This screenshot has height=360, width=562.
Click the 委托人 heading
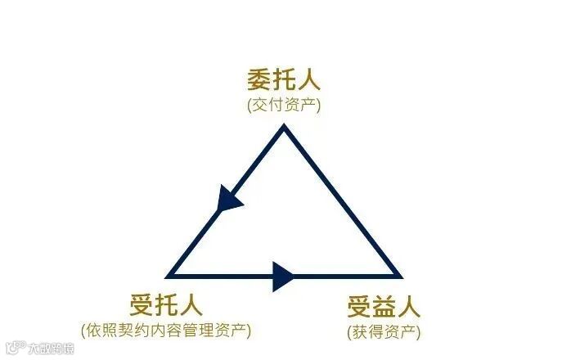(284, 81)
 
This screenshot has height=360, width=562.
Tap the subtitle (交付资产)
(284, 105)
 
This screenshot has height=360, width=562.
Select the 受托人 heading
(166, 305)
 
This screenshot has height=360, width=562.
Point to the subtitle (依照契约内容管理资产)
(166, 330)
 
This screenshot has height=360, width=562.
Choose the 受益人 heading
(384, 308)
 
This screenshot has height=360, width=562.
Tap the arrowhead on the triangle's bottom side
(284, 276)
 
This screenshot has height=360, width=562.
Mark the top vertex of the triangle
(284, 126)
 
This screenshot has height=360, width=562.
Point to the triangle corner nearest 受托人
(169, 276)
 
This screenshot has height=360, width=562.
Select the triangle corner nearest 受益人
(399, 276)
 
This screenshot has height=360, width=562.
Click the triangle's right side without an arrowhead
(342, 201)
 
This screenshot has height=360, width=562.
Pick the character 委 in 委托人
(259, 81)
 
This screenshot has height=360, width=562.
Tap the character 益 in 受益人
(384, 308)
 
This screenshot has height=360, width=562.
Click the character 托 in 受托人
(166, 305)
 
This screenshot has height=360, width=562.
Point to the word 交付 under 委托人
(271, 105)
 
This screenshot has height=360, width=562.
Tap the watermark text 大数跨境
(52, 349)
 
